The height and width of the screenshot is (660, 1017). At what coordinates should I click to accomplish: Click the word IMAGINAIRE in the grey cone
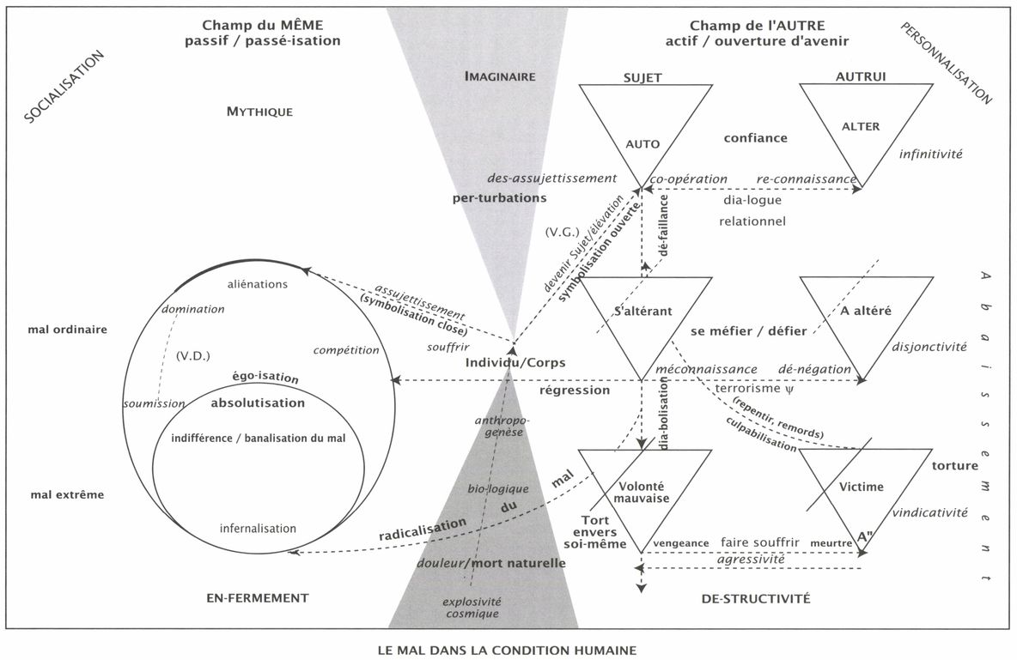pos(499,76)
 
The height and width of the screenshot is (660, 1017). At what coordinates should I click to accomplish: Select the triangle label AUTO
pos(642,144)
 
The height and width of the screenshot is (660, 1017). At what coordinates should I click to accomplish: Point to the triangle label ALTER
pos(861,126)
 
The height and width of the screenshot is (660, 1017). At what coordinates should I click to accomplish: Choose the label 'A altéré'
pos(860,311)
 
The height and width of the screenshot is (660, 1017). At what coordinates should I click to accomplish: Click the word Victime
pos(862,487)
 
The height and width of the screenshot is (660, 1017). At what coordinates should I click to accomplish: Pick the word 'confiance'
pos(755,137)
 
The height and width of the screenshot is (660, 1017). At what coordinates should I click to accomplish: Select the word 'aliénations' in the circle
pos(258,284)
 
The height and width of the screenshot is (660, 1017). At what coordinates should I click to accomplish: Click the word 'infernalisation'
pos(258,528)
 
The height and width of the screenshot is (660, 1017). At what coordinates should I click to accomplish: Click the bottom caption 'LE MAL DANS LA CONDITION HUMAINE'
pos(508,650)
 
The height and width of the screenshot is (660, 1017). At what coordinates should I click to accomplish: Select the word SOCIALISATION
pos(64,87)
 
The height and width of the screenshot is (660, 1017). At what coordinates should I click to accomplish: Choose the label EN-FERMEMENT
pos(257,597)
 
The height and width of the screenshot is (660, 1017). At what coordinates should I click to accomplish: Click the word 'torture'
pos(954,466)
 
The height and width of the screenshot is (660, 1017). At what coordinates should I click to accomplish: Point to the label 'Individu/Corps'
pos(515,363)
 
